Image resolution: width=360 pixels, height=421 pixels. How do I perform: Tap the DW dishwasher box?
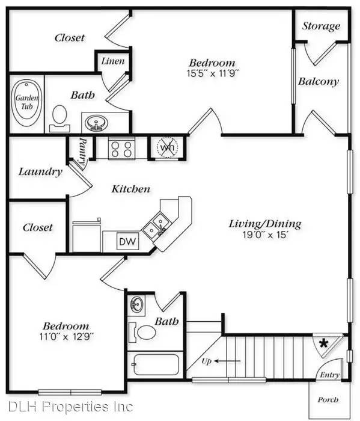127,241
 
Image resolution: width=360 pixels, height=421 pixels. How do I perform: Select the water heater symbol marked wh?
168,147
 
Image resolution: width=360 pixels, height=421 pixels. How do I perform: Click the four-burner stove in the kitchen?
121,149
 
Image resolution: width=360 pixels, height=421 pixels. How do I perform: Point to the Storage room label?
321,26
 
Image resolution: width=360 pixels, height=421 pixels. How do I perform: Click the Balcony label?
319,81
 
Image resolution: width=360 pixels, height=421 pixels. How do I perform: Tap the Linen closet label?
113,61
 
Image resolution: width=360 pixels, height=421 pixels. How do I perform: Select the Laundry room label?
40,172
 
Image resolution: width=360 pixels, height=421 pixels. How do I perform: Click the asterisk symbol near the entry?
324,343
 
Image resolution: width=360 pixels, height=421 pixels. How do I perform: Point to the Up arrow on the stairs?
227,361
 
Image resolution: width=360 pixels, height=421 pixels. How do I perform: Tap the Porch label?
328,400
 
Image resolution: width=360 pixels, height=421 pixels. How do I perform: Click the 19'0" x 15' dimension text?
265,235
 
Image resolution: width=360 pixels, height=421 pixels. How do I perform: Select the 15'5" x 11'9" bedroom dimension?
213,73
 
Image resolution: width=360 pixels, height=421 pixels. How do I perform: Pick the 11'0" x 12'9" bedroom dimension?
67,336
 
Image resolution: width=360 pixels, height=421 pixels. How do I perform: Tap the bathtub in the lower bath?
156,364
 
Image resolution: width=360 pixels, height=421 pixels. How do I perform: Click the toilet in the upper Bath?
59,118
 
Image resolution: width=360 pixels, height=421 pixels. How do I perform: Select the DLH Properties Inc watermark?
70,407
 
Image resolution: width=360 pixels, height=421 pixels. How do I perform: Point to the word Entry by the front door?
330,375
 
